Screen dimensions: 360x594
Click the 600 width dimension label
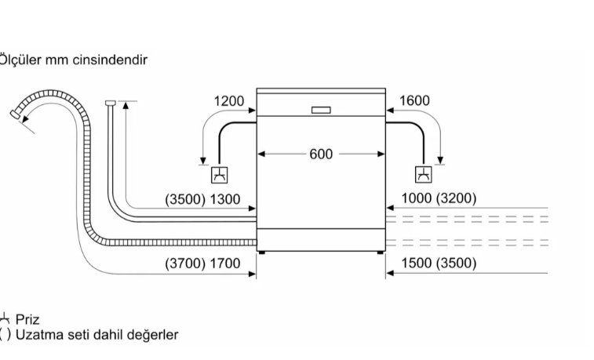click(321, 155)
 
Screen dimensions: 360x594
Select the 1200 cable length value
click(228, 100)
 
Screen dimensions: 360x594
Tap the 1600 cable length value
click(414, 100)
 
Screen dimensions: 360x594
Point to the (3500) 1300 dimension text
click(202, 199)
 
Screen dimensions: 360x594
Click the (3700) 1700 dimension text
click(202, 264)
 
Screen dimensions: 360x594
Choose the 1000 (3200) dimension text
click(439, 199)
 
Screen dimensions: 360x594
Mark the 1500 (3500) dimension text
click(439, 264)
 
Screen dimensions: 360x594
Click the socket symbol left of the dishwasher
click(220, 174)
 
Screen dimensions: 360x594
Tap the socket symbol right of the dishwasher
click(423, 174)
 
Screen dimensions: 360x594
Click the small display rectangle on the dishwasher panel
click(321, 110)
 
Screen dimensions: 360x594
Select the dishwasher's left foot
click(263, 253)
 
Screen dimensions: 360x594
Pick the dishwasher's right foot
click(380, 253)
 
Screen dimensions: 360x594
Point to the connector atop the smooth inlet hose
click(110, 102)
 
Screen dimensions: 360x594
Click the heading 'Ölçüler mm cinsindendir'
click(74, 60)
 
